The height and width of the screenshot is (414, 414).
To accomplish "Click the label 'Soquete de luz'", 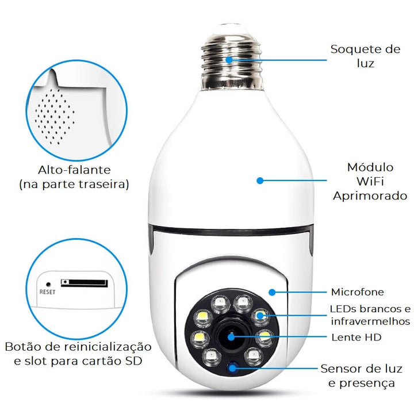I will [x=365, y=56].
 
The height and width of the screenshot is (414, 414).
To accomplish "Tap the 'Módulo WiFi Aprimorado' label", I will [x=370, y=182].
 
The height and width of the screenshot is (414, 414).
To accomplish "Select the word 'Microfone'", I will [x=357, y=293].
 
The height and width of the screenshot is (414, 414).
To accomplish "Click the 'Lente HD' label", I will [x=356, y=337].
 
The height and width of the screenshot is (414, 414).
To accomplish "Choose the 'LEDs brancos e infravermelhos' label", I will [x=370, y=315].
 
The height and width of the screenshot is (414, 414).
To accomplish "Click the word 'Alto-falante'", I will [x=74, y=170].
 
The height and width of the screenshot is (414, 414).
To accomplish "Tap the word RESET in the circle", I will [x=47, y=292].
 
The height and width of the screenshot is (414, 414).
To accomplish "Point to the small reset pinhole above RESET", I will [x=47, y=283].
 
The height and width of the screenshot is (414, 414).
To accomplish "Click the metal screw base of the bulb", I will [x=229, y=60].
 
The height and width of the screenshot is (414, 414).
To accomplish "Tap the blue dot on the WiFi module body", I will [x=260, y=181].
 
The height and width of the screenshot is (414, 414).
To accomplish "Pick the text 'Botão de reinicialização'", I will [x=78, y=347].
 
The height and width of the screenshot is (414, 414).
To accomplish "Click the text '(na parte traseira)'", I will [x=74, y=185].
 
